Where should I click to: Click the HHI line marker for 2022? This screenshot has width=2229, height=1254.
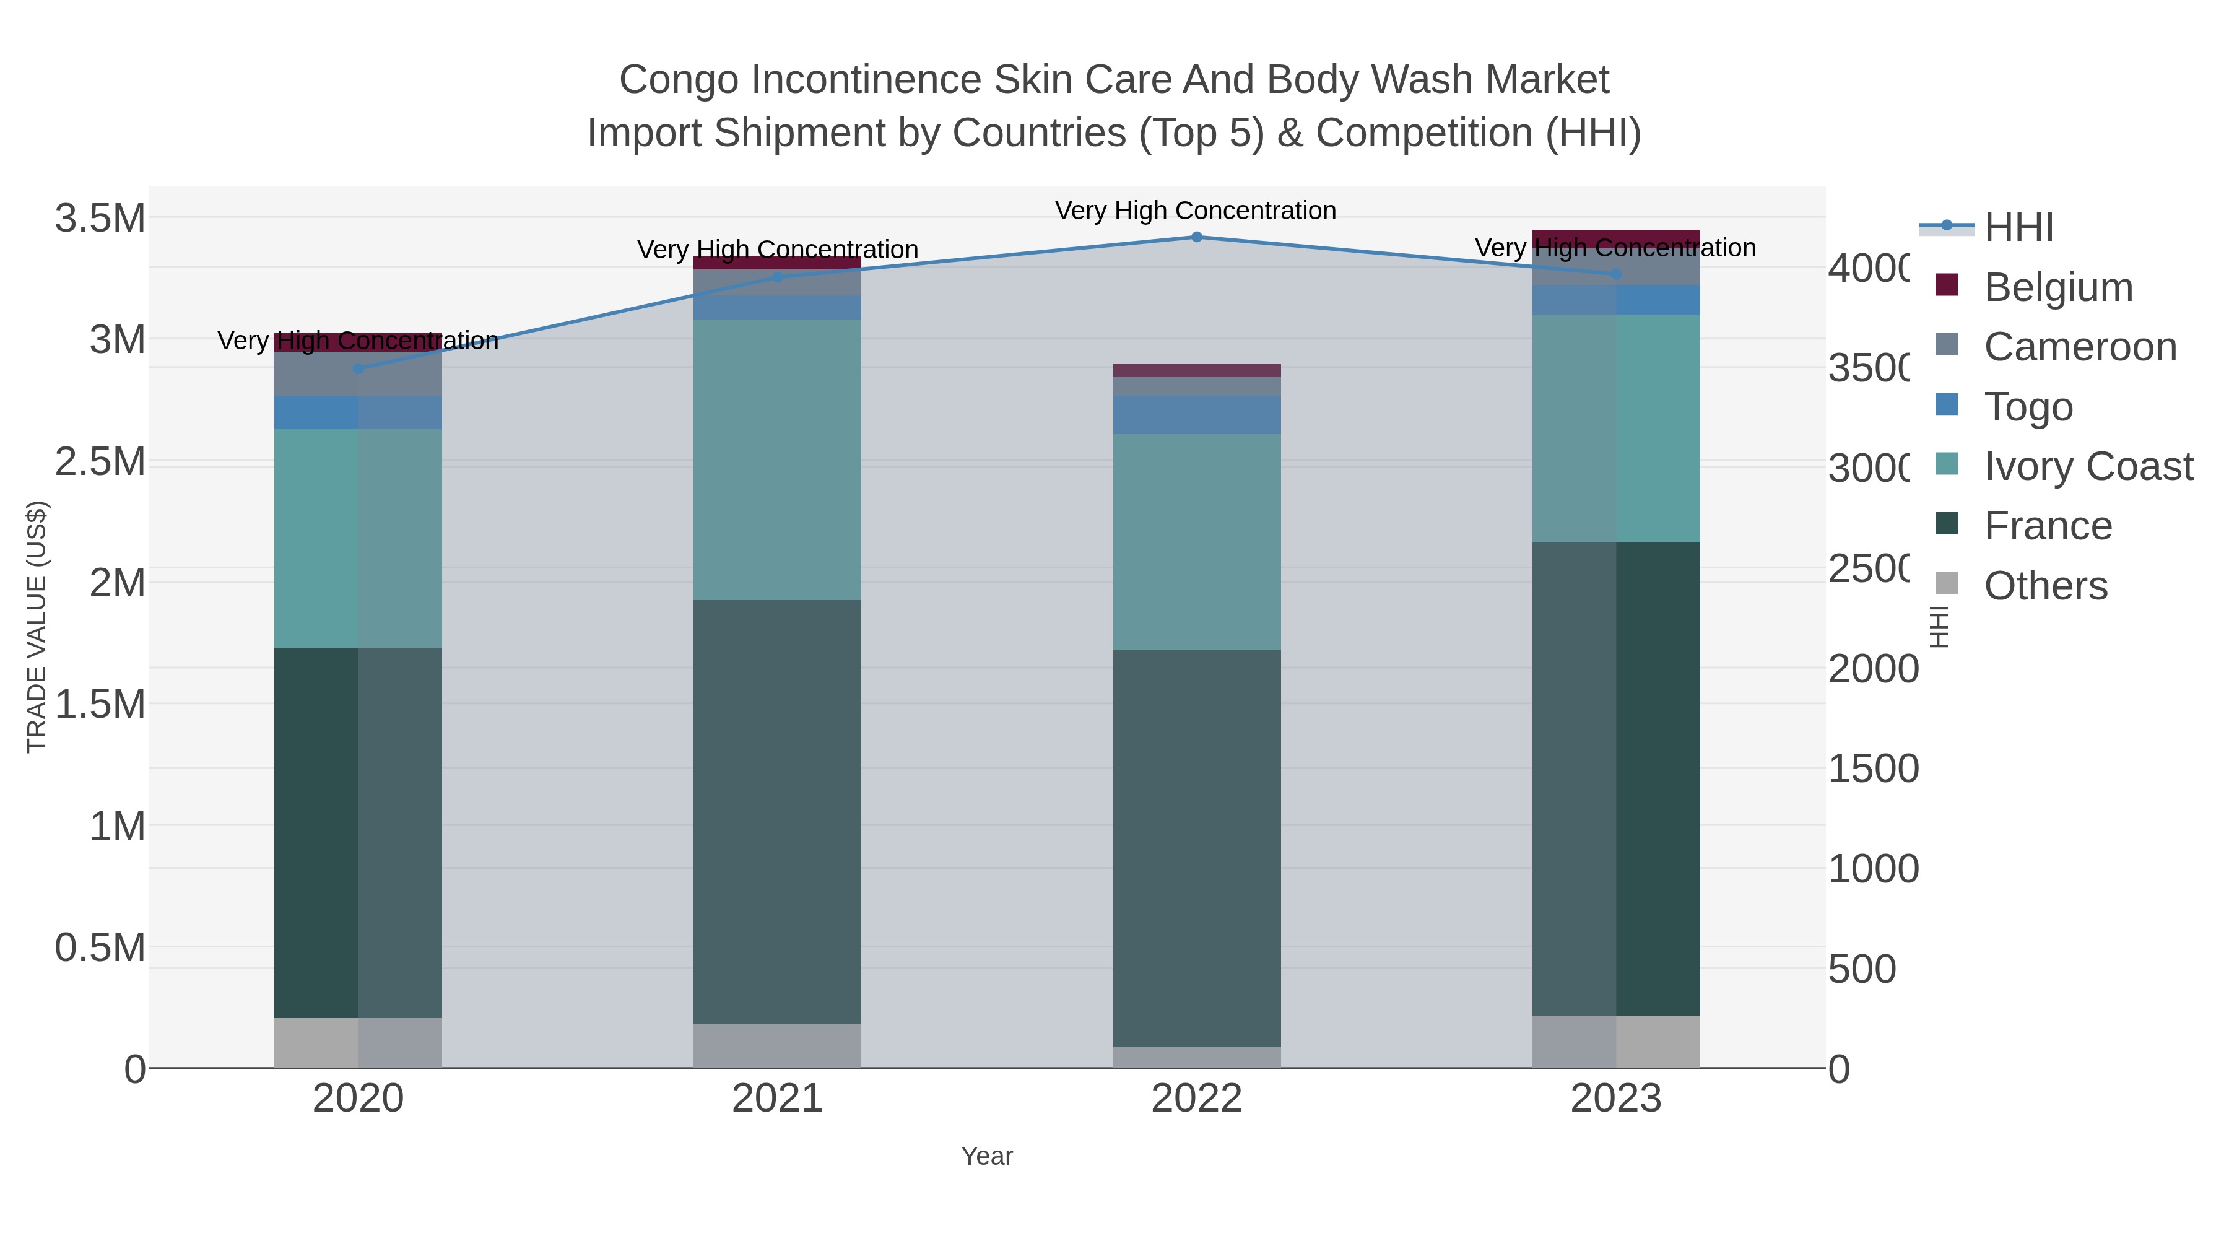coord(1197,237)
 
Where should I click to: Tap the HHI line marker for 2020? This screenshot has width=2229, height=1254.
coord(359,368)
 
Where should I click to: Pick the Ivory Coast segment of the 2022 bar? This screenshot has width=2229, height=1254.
coord(1197,542)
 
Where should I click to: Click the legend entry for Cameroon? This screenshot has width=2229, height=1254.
coord(2079,347)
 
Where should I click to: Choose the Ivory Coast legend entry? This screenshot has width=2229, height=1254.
coord(2087,466)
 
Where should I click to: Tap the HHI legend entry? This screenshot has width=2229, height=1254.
coord(2018,228)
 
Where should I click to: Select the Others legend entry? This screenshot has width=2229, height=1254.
coord(2044,586)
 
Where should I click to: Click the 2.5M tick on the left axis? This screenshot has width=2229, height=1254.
coord(100,462)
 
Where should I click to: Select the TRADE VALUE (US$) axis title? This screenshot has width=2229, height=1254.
coord(37,627)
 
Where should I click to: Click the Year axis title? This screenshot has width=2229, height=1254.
coord(986,1156)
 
